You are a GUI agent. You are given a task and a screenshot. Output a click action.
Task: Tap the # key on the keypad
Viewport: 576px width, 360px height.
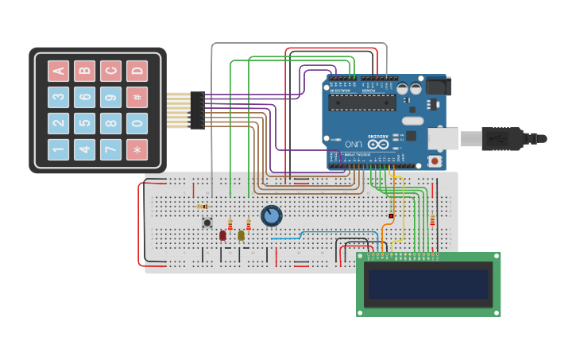coord(137,97)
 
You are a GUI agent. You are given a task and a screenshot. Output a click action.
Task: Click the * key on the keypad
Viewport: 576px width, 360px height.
coord(137,149)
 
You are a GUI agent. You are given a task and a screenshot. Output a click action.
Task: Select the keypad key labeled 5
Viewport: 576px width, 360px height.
coord(85,123)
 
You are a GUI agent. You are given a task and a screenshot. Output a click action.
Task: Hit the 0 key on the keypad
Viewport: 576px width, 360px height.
coord(137,123)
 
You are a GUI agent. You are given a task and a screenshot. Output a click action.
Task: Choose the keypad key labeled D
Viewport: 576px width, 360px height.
coord(137,71)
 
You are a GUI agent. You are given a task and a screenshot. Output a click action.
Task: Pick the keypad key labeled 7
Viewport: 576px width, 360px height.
coord(111,149)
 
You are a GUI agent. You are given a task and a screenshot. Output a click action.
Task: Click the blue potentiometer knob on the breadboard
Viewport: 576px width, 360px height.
coord(271,215)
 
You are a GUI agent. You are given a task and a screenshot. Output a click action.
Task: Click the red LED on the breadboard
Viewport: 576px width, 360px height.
coord(222,235)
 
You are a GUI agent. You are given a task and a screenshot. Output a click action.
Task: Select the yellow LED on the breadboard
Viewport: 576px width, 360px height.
coord(241,235)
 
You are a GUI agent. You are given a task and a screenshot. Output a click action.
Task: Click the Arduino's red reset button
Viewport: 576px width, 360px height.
coord(435,161)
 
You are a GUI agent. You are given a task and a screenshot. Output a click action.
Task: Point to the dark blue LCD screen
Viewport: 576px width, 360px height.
coord(427,284)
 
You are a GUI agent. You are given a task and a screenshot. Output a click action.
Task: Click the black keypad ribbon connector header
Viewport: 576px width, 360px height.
coord(197,110)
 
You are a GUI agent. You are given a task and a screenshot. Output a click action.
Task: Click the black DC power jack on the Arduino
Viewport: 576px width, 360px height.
coord(438,85)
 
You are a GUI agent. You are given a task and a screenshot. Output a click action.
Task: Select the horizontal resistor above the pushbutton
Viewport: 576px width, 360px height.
coord(203,207)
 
